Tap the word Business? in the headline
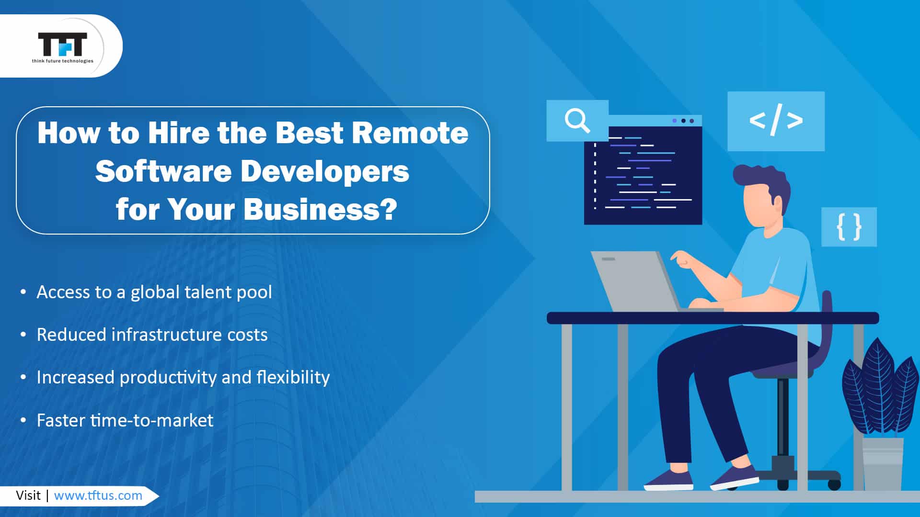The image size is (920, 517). pyautogui.click(x=320, y=209)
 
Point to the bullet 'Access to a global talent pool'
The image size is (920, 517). pyautogui.click(x=154, y=292)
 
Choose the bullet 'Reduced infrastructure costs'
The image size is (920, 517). pyautogui.click(x=152, y=335)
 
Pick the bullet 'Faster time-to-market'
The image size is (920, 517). pyautogui.click(x=125, y=420)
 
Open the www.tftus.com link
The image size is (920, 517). pyautogui.click(x=98, y=495)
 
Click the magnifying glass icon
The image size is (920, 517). pyautogui.click(x=577, y=120)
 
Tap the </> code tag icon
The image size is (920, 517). pyautogui.click(x=776, y=121)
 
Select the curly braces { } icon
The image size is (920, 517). pyautogui.click(x=849, y=227)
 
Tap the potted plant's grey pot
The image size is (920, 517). pyautogui.click(x=882, y=463)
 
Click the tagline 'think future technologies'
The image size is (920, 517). pyautogui.click(x=63, y=61)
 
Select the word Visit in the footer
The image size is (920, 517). pyautogui.click(x=28, y=495)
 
